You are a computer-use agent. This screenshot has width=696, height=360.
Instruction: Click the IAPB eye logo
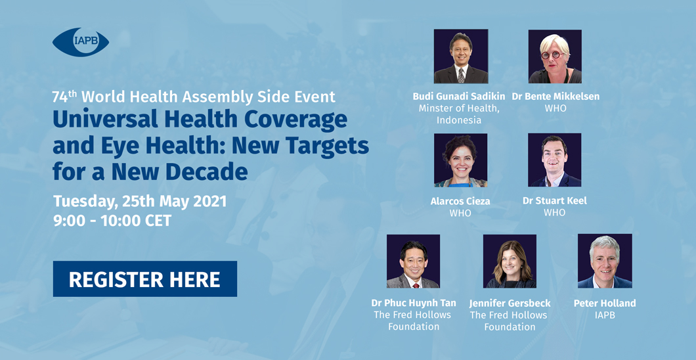(80, 42)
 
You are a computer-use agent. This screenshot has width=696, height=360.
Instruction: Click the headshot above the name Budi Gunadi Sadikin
(461, 56)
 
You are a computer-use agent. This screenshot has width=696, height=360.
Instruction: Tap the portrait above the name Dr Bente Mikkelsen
(555, 56)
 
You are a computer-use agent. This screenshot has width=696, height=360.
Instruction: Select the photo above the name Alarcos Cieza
(461, 160)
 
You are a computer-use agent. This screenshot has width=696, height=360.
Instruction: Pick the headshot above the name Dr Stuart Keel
(554, 160)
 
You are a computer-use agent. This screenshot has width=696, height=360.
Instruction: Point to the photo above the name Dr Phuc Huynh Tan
(413, 261)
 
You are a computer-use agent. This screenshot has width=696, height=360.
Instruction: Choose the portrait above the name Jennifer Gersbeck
(510, 261)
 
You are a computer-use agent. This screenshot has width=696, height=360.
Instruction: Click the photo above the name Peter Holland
(605, 261)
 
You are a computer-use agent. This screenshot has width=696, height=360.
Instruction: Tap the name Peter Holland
(605, 304)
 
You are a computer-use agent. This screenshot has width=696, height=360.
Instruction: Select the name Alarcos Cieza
(460, 202)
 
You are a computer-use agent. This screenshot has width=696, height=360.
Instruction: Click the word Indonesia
(459, 120)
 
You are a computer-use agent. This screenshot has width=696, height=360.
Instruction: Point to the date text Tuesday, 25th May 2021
(140, 201)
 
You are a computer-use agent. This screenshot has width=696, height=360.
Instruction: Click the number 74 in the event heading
(58, 97)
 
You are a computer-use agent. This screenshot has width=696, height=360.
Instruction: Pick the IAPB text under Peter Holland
(605, 315)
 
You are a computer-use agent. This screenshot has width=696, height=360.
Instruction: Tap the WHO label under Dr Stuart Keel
(554, 213)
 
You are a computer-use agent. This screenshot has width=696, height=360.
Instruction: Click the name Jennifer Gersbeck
(510, 304)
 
